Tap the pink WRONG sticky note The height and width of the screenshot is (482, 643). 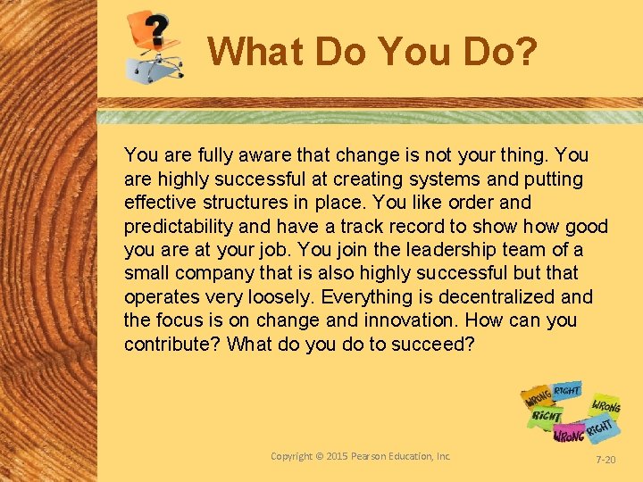pyautogui.click(x=569, y=434)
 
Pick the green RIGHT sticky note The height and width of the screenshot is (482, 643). pyautogui.click(x=547, y=416)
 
